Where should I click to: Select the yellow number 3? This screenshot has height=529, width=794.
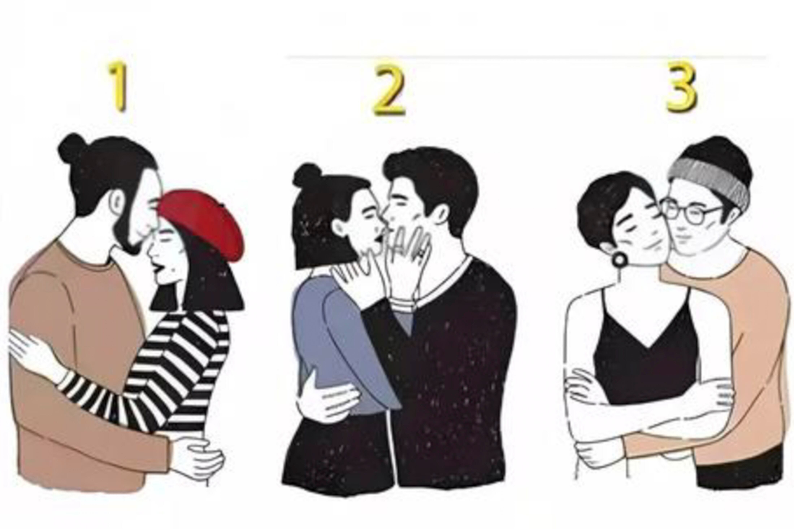coord(681,88)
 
